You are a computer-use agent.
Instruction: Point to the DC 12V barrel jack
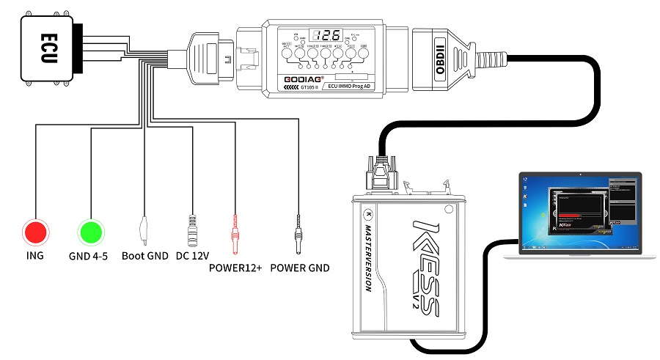pos(193,231)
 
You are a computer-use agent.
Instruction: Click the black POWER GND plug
pos(298,231)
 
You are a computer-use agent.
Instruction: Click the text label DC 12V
pos(192,256)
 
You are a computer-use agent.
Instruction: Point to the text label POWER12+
pos(235,268)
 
